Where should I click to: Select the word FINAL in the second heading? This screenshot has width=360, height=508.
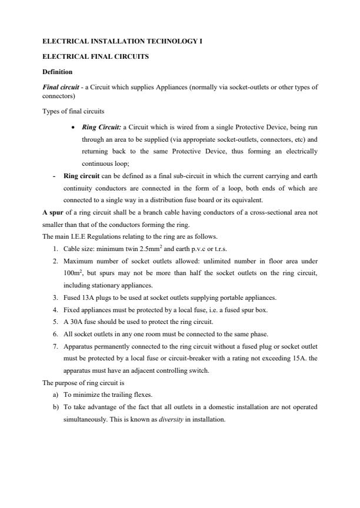101,57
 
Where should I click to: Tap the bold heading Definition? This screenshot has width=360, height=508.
58,72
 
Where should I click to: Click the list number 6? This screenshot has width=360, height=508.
55,334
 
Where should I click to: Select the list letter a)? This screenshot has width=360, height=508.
55,395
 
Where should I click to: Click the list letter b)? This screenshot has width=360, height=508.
55,407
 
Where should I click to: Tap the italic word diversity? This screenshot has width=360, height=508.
169,420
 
